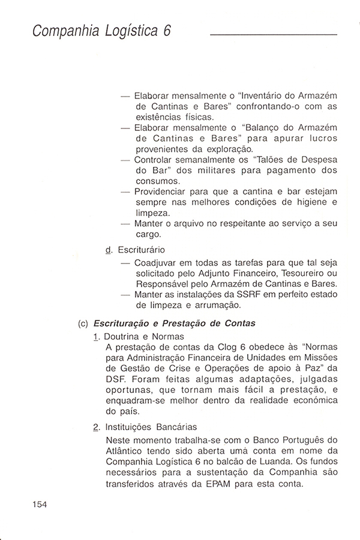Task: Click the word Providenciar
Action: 166,192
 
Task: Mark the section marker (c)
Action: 83,323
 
